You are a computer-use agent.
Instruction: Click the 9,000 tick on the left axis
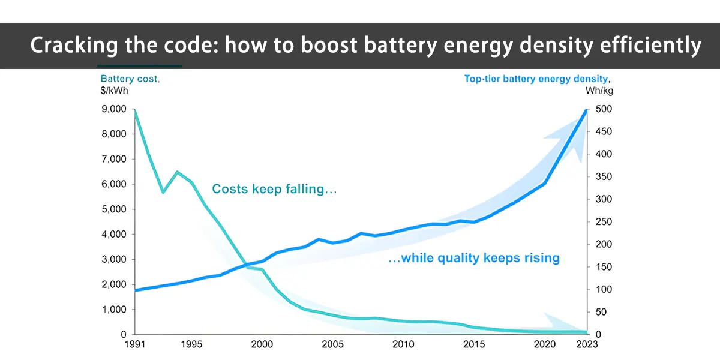(115, 109)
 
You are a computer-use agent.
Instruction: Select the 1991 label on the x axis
(135, 344)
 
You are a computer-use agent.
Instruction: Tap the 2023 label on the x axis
(586, 344)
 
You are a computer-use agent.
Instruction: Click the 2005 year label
(332, 344)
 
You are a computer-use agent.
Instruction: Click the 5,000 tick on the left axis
(115, 209)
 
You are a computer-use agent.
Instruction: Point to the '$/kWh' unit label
(114, 91)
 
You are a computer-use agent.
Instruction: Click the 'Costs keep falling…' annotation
(275, 190)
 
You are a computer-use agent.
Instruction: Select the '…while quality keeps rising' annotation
(473, 258)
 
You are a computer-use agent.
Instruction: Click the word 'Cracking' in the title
(72, 46)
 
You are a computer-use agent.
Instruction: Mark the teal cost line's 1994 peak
(177, 172)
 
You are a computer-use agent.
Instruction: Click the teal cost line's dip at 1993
(163, 193)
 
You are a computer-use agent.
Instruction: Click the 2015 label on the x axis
(475, 344)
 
